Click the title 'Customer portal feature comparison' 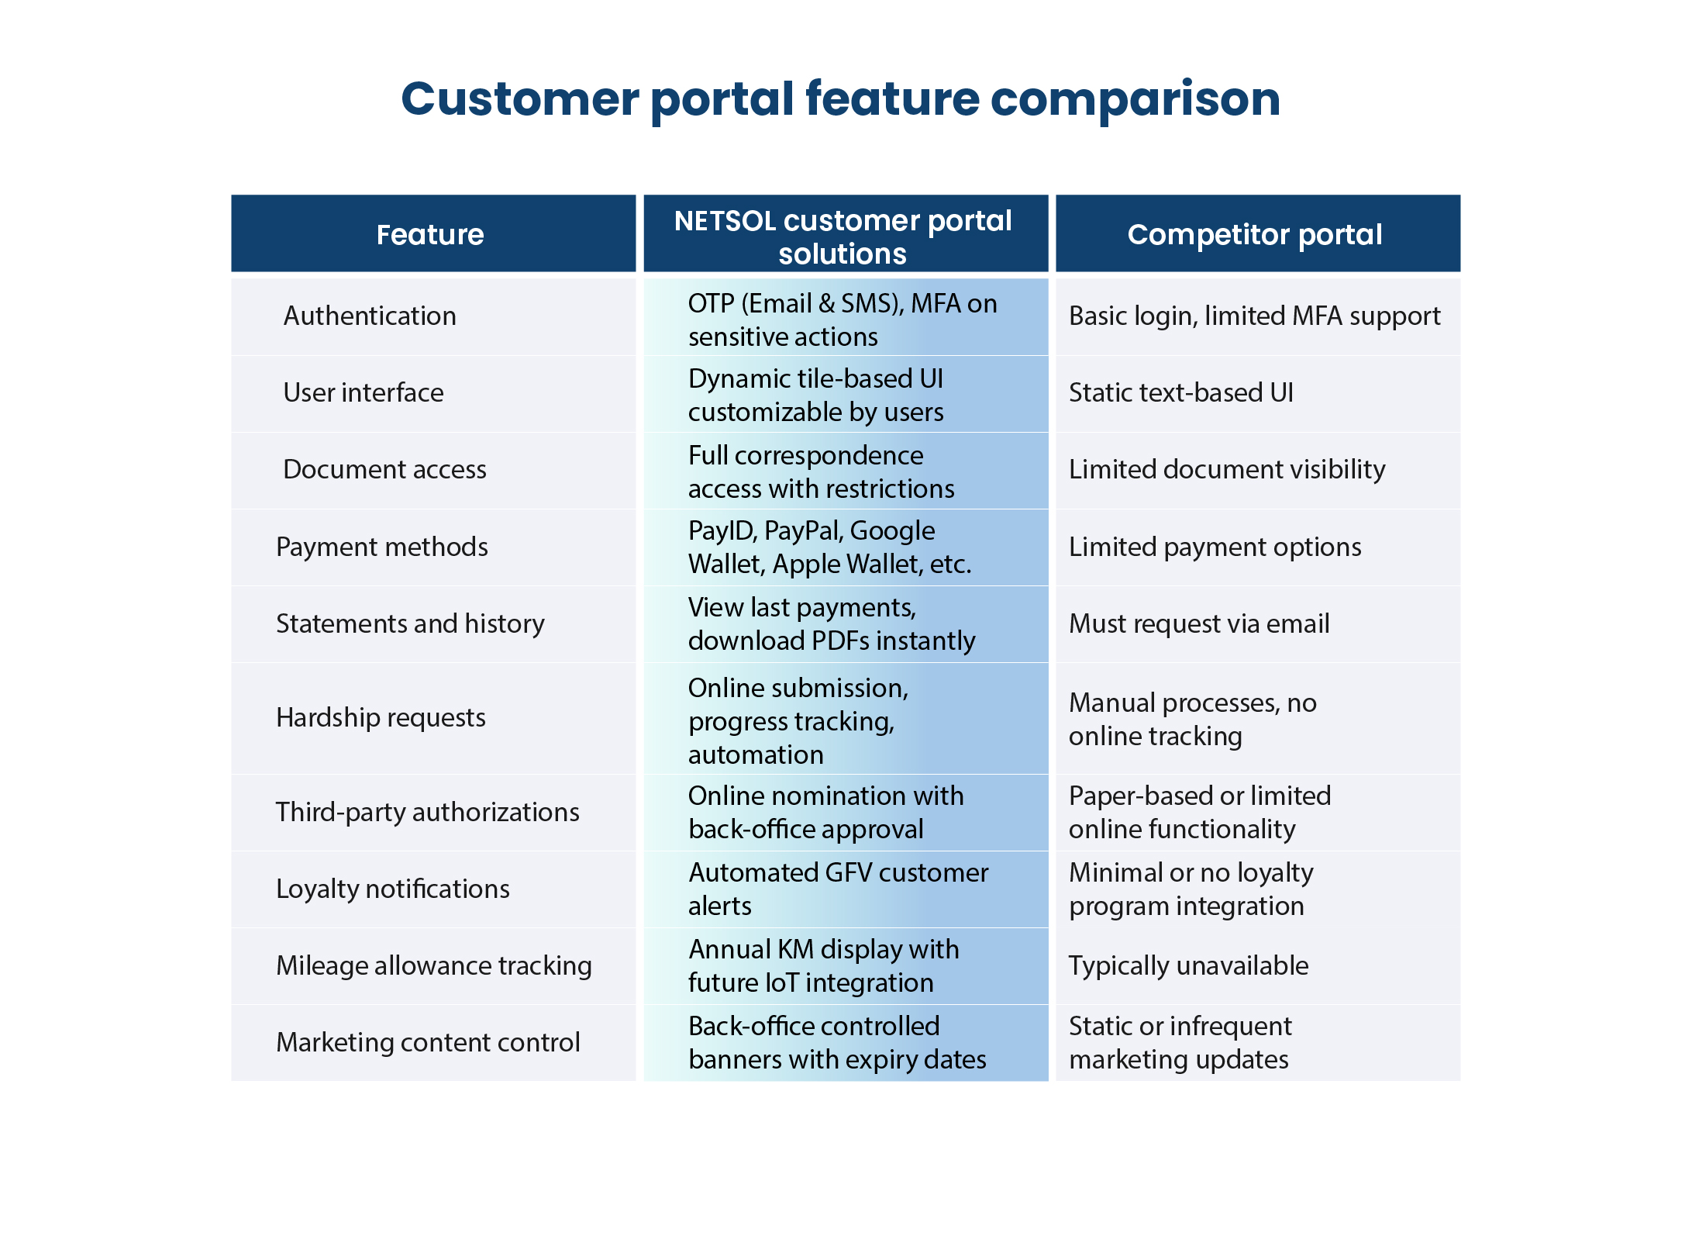(840, 100)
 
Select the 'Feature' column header (430, 234)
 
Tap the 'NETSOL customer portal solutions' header (843, 237)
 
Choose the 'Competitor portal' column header (1255, 234)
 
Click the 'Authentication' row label (370, 316)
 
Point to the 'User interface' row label (364, 392)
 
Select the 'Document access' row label (384, 469)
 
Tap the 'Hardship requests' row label (381, 718)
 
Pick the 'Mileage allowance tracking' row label (434, 966)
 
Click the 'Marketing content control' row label (428, 1043)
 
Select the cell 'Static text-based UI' (1181, 392)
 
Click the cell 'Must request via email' (1199, 623)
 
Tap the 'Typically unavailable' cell (1188, 966)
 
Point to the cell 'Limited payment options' (1215, 547)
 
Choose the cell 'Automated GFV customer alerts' (838, 889)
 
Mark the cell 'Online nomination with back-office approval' (825, 813)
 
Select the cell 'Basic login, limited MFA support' (1254, 316)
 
